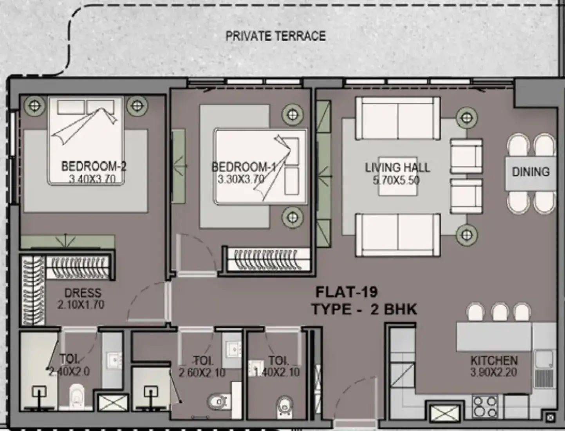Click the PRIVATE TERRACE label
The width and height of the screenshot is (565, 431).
coord(276,36)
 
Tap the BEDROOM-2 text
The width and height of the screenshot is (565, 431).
coord(94,166)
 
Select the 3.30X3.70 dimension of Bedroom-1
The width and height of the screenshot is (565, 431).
coord(241,179)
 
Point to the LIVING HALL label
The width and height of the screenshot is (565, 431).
coord(397,168)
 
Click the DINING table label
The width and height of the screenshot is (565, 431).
coord(531,172)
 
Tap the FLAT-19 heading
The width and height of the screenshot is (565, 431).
coord(347,292)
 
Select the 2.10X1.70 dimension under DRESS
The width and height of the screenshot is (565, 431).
coord(81,305)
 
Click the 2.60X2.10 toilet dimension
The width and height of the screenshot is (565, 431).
coord(202,373)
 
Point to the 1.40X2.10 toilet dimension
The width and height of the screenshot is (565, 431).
coord(277,372)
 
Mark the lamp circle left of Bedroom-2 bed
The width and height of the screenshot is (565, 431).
coord(35,105)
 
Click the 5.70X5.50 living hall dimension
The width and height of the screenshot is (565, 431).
coord(396,180)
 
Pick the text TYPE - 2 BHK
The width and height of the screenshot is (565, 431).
coord(365,309)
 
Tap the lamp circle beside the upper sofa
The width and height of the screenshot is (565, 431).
coord(467,118)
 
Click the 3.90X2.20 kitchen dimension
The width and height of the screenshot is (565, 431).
coord(494,372)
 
